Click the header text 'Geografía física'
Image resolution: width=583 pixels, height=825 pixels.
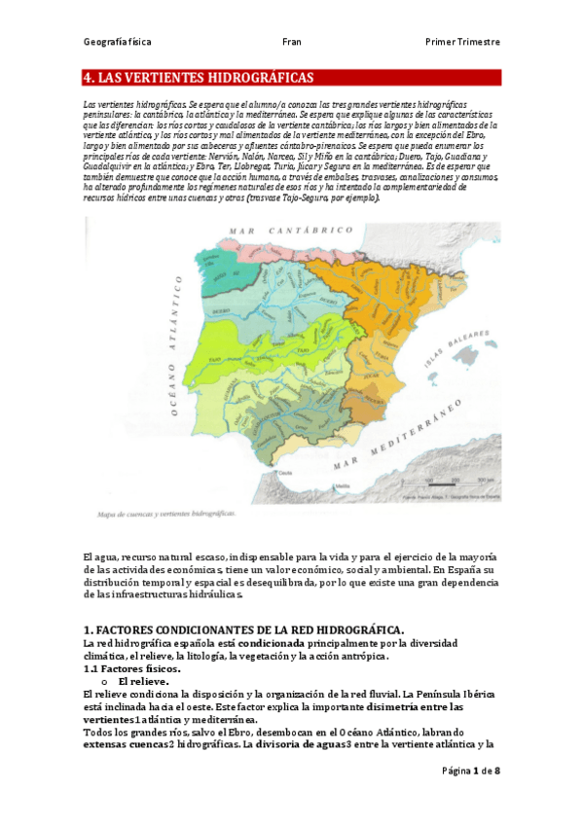117,42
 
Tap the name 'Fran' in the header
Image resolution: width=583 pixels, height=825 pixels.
291,42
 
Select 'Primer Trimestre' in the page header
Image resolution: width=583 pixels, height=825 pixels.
462,42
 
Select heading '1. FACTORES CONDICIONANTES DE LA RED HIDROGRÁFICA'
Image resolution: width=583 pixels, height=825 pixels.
243,631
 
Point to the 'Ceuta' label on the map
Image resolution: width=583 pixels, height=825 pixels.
285,473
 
